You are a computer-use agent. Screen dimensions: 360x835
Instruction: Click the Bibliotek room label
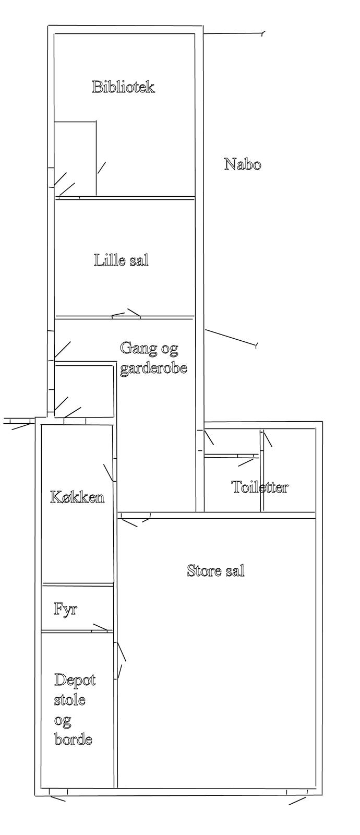(x=123, y=87)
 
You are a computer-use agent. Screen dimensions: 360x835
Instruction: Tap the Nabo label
(x=243, y=164)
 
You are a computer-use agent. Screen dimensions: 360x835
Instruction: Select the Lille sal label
(x=121, y=260)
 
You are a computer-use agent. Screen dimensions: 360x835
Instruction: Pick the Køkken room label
(x=77, y=497)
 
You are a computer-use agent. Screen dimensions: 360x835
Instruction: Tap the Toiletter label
(x=260, y=487)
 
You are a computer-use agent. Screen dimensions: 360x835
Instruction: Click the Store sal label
(x=215, y=571)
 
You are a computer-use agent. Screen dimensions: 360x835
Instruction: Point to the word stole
(x=70, y=700)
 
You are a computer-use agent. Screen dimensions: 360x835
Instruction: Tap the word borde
(x=73, y=739)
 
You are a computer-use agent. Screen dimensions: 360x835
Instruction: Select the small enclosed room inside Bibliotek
(x=75, y=159)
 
